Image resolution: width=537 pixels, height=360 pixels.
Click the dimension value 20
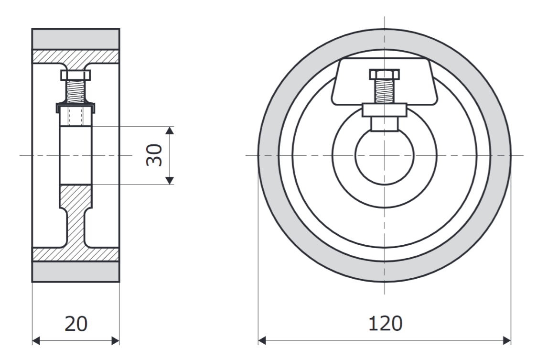click(x=75, y=324)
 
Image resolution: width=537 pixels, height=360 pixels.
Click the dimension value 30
click(x=154, y=155)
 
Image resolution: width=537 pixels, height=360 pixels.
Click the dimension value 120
click(x=385, y=324)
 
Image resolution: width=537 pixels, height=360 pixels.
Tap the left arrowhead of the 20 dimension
click(x=36, y=341)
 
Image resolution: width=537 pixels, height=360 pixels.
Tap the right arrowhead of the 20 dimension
click(x=116, y=341)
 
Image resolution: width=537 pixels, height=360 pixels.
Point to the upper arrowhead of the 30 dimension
click(x=170, y=131)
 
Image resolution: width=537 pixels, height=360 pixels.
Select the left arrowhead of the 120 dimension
click(x=262, y=341)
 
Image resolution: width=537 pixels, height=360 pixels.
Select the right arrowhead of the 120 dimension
click(x=506, y=341)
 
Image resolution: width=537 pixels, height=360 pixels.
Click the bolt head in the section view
click(x=75, y=75)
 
